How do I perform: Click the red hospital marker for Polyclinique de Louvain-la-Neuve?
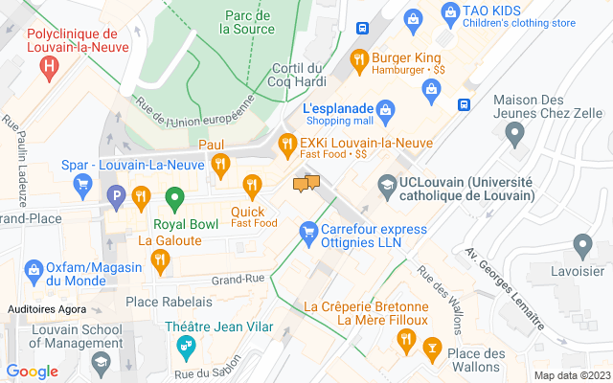coord(49,66)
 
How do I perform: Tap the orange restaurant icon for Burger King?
coord(359,57)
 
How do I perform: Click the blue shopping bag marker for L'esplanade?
coord(385,108)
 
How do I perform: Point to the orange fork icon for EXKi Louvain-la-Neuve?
coord(286,144)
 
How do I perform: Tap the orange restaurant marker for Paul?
coord(220,163)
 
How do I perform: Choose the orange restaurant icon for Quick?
coord(252,184)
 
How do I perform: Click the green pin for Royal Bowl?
coord(174,199)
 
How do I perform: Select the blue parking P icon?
coord(117,199)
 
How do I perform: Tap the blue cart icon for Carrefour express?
coord(308,231)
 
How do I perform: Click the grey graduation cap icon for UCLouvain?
coord(386,182)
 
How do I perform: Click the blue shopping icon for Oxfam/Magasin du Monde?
coord(34,269)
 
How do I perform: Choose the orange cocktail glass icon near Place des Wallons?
coord(431,339)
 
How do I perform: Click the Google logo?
coord(33,372)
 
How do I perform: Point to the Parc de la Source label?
coord(247,22)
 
